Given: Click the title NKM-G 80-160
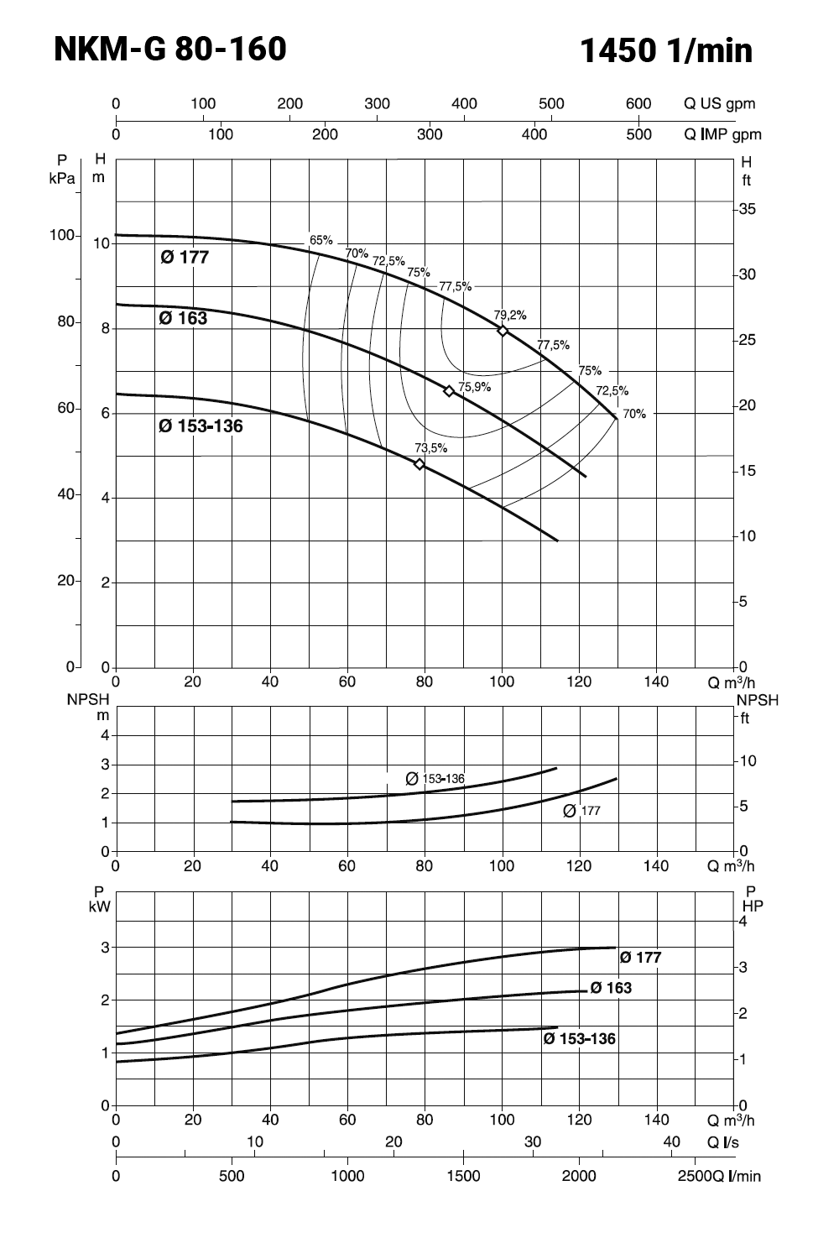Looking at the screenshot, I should point(170,50).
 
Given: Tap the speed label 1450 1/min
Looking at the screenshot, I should point(666,51).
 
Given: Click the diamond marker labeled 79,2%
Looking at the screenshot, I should point(503,331).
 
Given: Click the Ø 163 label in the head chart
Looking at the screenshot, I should point(183,318).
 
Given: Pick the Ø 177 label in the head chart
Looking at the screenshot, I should point(185,258).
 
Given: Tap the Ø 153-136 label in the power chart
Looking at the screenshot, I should point(579,1039).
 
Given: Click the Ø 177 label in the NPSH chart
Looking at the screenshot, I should point(582,811).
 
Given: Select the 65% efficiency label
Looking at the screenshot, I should point(321,240).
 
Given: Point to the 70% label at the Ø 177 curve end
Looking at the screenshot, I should point(634,414).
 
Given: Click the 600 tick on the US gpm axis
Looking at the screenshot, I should point(638,104).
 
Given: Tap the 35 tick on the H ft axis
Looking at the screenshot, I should point(747,209).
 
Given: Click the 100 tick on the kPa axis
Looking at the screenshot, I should point(63,235).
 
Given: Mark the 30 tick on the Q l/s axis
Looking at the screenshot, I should point(533,1141).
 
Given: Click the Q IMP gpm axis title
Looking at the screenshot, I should point(722,134).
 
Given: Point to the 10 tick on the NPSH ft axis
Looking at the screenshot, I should point(747,761).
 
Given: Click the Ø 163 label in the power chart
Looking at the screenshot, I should point(611,988).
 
